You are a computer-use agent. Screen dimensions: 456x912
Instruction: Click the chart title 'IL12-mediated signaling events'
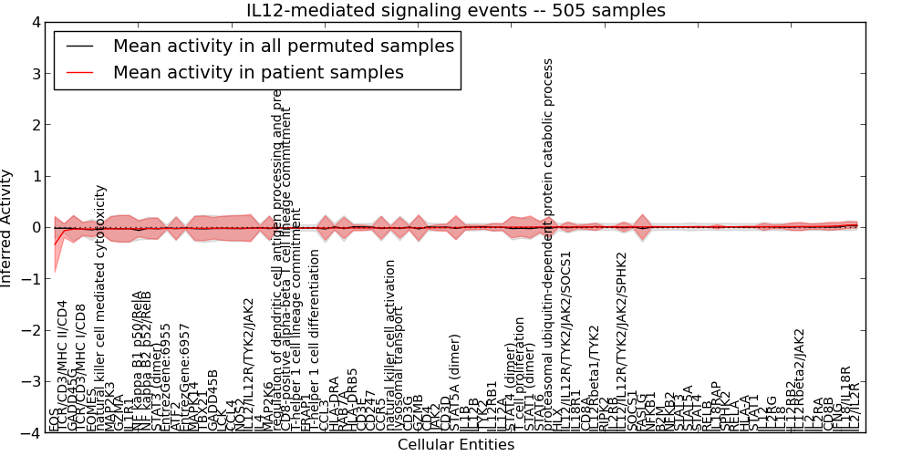456,10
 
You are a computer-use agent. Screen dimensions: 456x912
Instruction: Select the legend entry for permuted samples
283,46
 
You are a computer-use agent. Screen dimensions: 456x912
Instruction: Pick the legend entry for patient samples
258,72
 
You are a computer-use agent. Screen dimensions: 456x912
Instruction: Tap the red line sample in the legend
80,72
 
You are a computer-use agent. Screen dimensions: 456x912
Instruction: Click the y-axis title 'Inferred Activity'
7,227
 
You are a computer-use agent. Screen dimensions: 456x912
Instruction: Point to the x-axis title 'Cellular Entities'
456,445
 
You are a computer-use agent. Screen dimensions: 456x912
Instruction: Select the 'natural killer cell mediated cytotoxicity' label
101,306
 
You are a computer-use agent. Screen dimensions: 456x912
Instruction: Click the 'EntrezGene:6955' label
165,375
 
